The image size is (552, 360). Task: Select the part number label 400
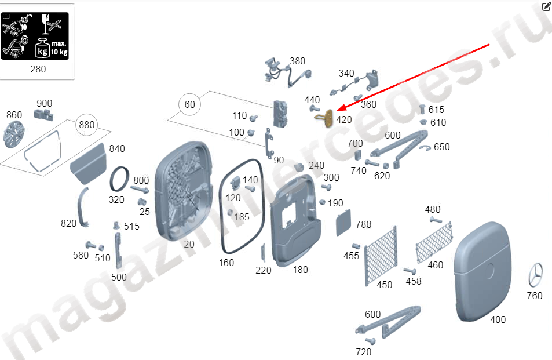click(498, 319)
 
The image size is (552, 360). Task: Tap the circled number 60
click(190, 105)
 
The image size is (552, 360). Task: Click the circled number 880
click(87, 125)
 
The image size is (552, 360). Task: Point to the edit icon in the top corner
click(546, 7)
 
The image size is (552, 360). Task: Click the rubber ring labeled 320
click(120, 179)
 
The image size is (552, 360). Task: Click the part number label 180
click(300, 270)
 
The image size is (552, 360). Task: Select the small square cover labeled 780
click(343, 224)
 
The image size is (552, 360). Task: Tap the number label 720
click(363, 352)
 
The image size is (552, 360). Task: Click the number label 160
click(226, 263)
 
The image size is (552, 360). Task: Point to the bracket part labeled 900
click(45, 115)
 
